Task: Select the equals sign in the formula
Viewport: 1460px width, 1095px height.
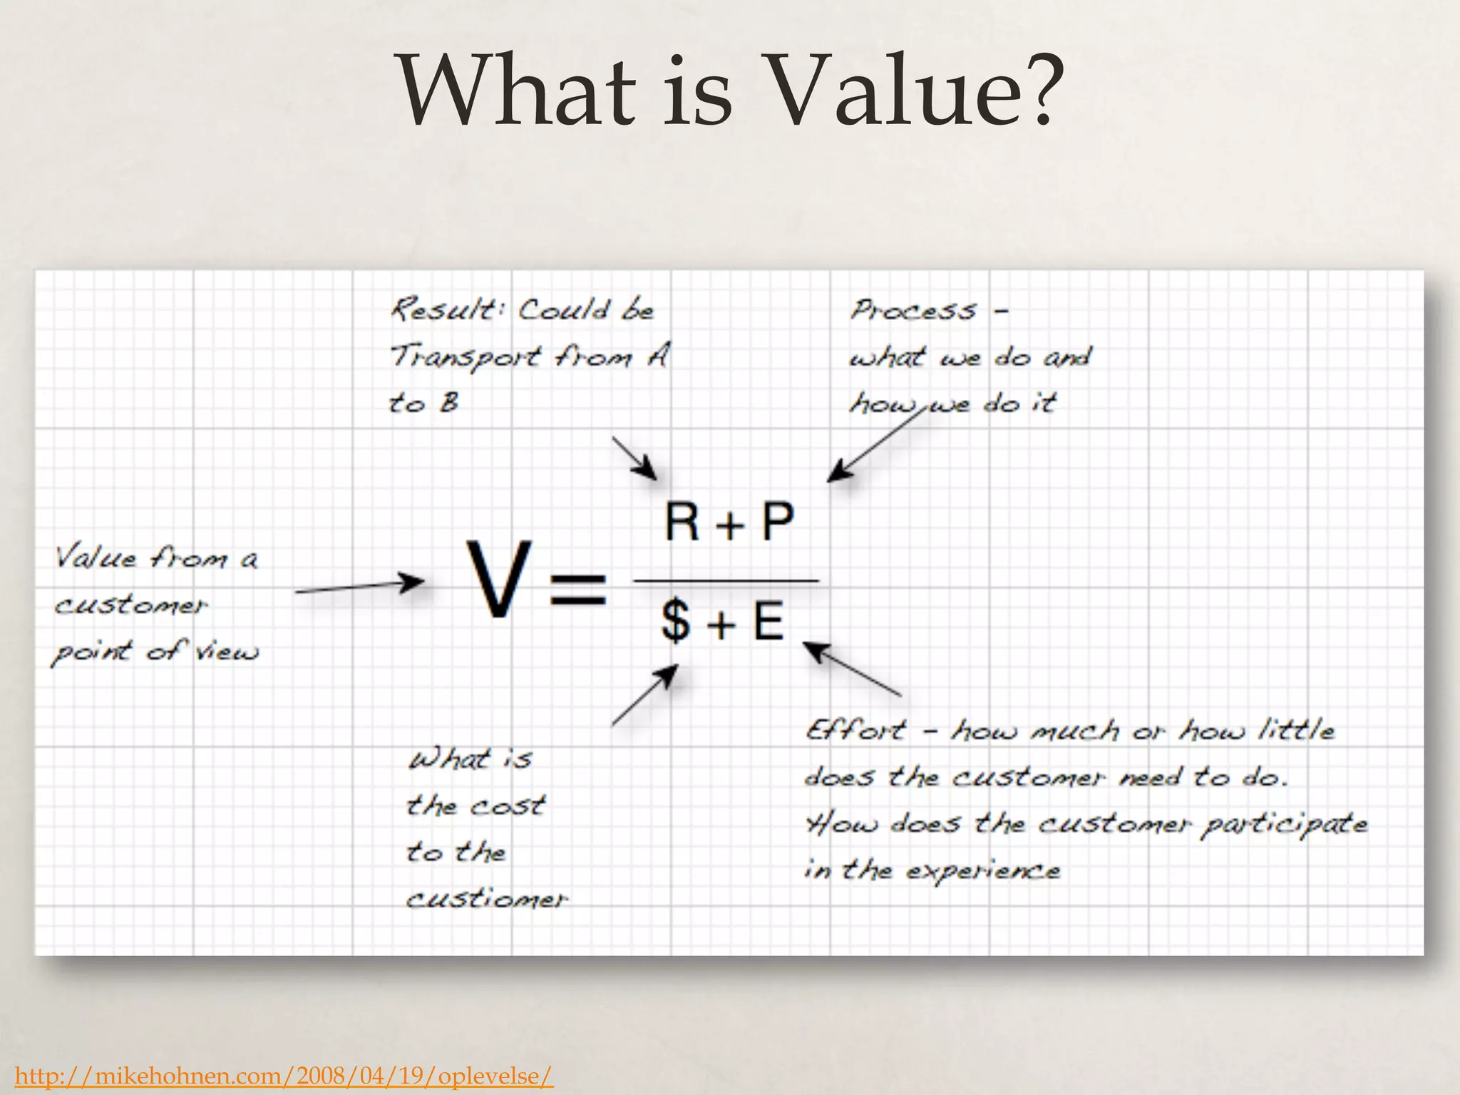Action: point(578,589)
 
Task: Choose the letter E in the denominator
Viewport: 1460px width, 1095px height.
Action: point(768,620)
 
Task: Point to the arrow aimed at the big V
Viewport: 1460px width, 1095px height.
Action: point(359,587)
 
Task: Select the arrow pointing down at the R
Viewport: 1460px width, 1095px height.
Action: point(634,458)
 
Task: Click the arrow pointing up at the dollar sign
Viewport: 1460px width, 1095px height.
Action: point(644,695)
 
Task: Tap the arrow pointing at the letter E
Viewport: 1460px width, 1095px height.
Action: point(852,669)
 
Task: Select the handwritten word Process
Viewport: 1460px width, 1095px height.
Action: point(913,310)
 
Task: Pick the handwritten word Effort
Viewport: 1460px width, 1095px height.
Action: point(856,730)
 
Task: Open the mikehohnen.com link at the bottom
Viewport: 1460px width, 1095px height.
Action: point(284,1076)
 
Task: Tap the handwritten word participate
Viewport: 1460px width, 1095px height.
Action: point(1284,825)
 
